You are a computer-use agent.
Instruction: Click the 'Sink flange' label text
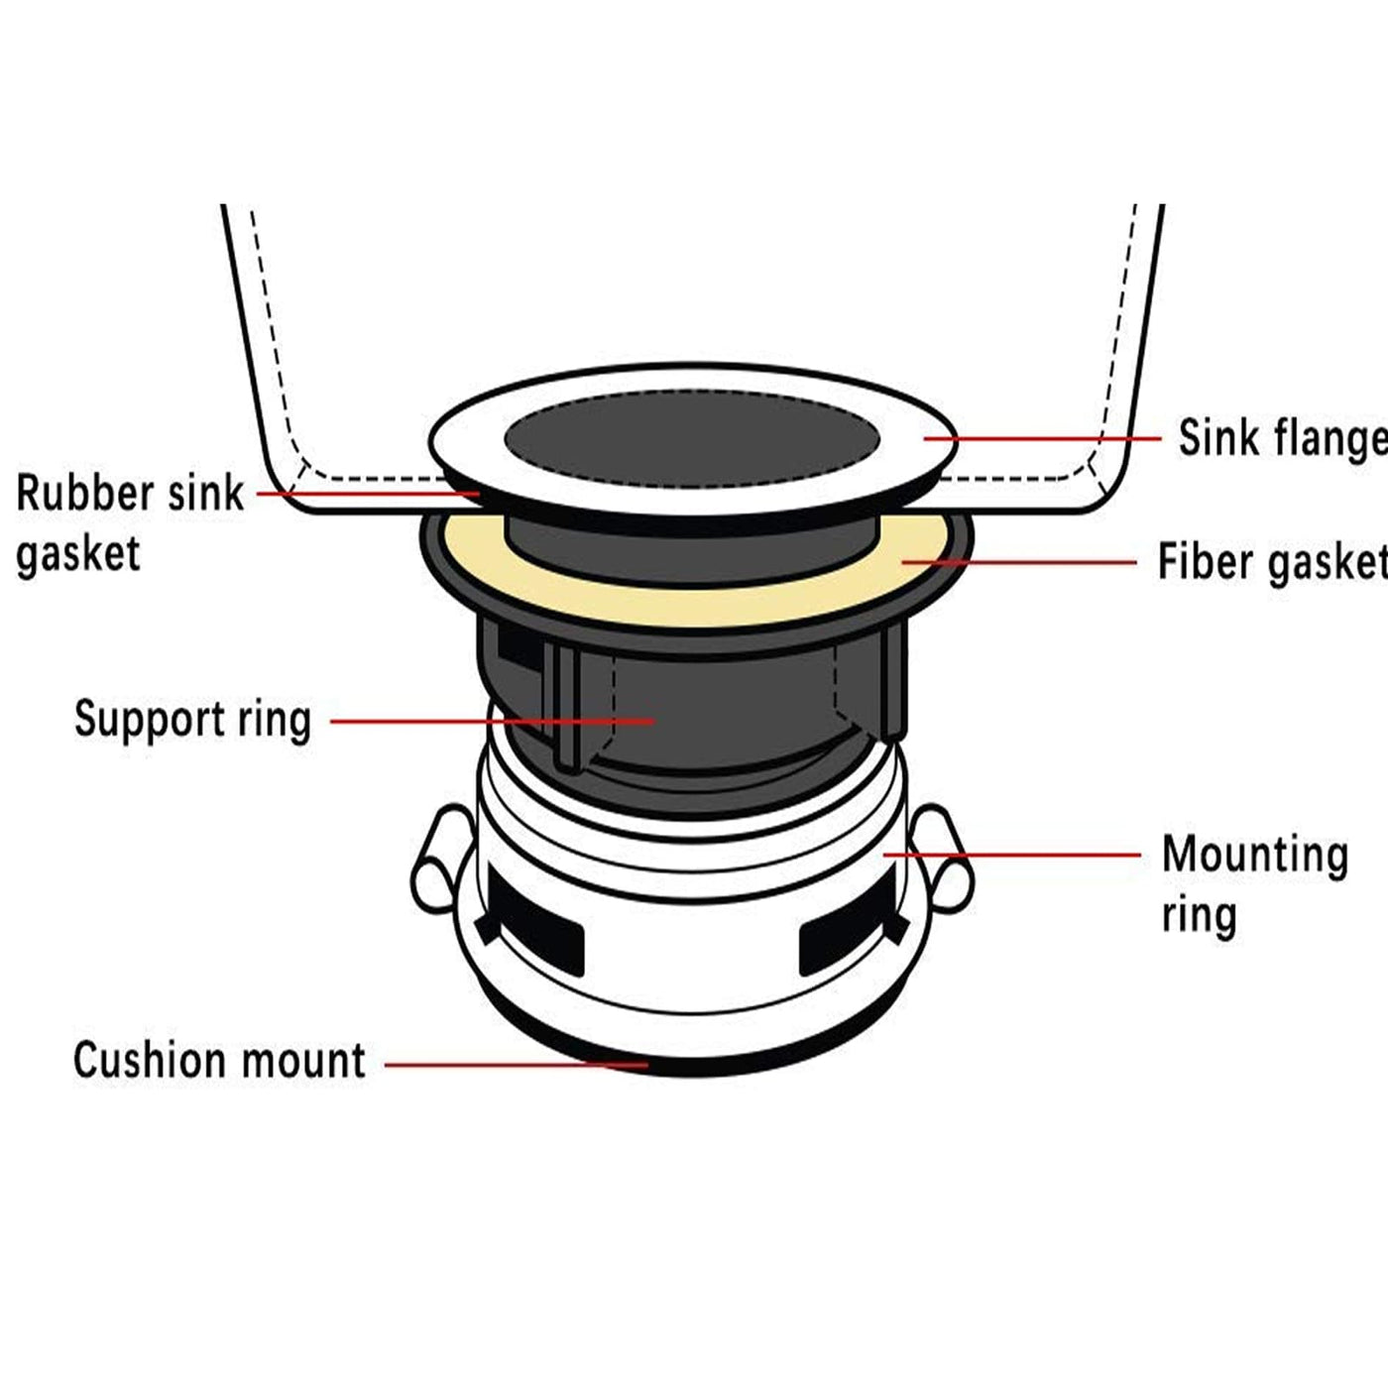point(1283,438)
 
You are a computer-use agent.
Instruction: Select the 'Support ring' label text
point(193,720)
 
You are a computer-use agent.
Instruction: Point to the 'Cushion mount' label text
point(220,1060)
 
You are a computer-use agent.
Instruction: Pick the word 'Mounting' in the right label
point(1255,856)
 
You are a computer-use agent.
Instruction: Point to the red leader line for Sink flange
point(1042,438)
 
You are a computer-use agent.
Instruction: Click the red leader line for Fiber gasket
point(1018,562)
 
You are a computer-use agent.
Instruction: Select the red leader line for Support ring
point(493,721)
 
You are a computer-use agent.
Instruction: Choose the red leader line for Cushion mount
point(517,1064)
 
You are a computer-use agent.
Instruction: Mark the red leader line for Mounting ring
point(1012,855)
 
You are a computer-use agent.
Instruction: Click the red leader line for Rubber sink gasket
point(368,494)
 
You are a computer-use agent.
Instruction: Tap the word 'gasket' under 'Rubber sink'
point(77,556)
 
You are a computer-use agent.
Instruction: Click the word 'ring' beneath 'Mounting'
point(1200,916)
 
